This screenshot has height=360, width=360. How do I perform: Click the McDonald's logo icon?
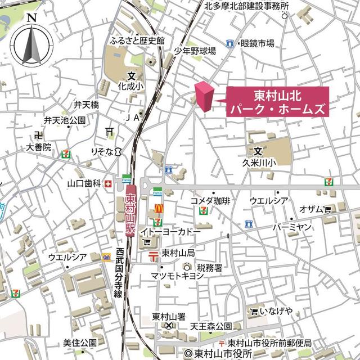point(159,208)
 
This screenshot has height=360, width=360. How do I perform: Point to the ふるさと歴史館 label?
point(138,40)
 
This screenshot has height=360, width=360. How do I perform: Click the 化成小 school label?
point(131,87)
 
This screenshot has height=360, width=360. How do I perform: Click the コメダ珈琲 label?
point(210,200)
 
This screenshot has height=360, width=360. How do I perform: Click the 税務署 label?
point(210,267)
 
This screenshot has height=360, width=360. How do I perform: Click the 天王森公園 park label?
point(211,326)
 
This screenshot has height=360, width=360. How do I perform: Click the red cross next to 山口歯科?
point(107,183)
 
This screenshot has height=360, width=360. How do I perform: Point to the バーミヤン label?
point(291,227)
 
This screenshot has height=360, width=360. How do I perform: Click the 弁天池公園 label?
point(65,120)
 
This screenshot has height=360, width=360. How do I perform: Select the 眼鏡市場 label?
point(257,43)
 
